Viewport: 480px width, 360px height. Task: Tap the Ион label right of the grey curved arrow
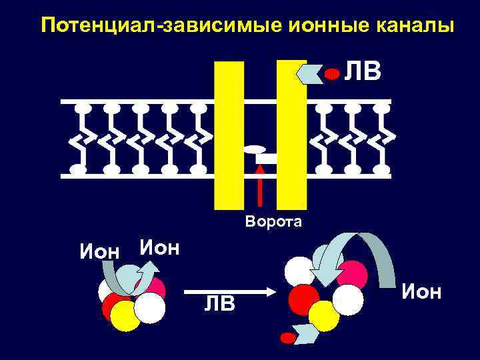(x=421, y=291)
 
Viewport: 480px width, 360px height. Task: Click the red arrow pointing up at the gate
(x=260, y=186)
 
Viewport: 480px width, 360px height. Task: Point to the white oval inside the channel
(x=255, y=149)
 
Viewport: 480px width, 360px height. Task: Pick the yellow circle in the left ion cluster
(x=125, y=316)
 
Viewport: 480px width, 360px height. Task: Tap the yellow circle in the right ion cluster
(x=325, y=315)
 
